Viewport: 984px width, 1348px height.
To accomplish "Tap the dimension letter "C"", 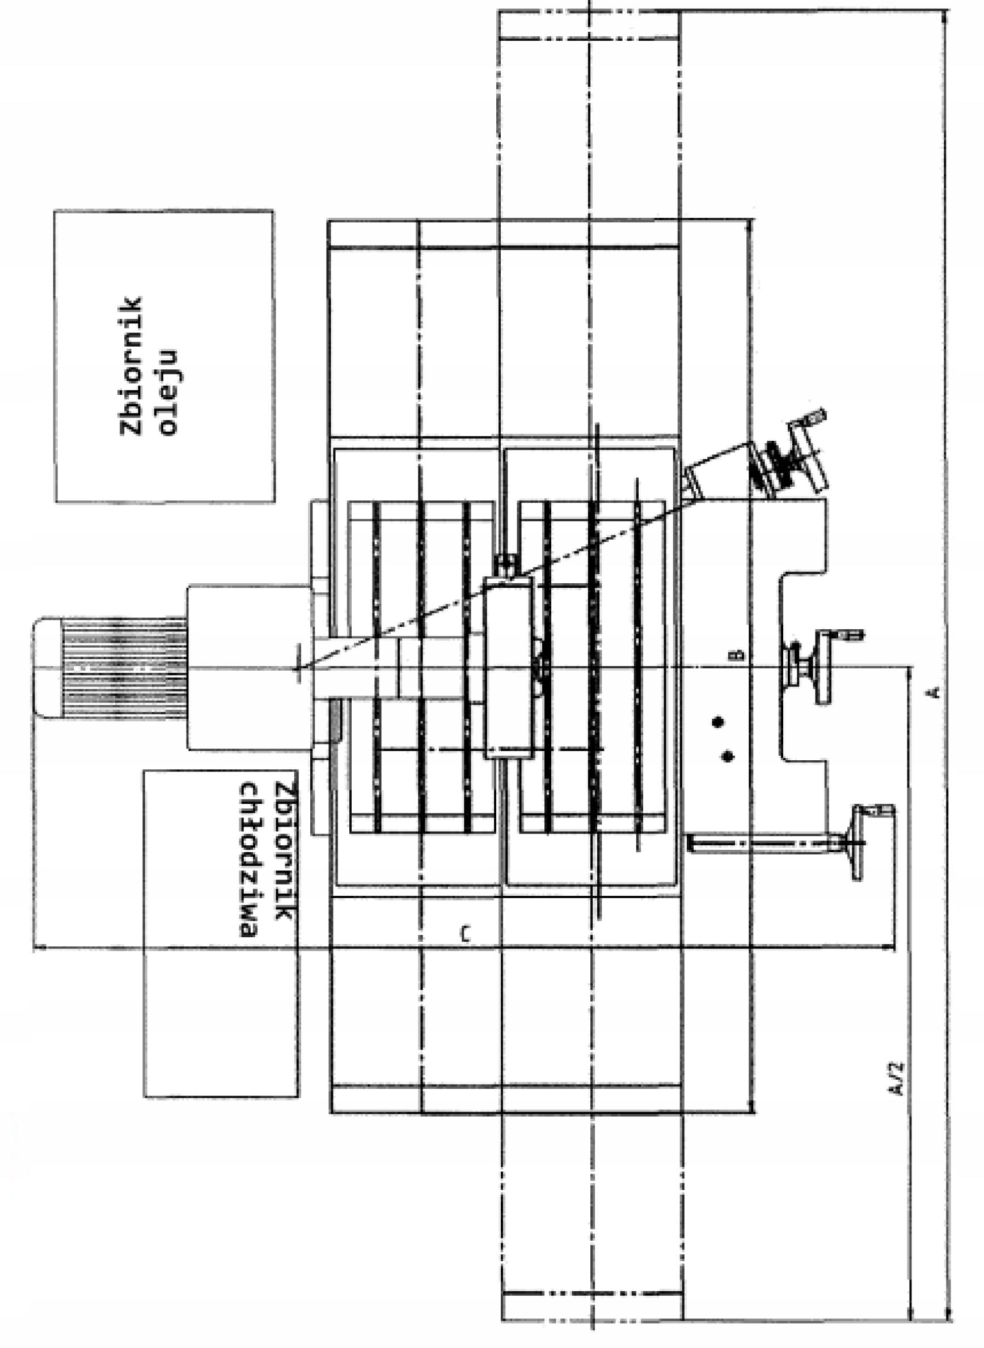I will click(x=466, y=934).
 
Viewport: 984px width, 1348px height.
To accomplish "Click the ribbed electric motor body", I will click(x=125, y=667).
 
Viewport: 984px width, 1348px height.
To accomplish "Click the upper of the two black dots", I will click(x=719, y=722).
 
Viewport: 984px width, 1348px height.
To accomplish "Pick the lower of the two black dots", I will click(x=728, y=756).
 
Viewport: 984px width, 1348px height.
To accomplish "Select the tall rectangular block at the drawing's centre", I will click(x=508, y=667).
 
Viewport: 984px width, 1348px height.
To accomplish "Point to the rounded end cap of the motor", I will click(x=47, y=667).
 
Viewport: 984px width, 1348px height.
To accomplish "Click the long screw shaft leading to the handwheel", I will click(x=762, y=843).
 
